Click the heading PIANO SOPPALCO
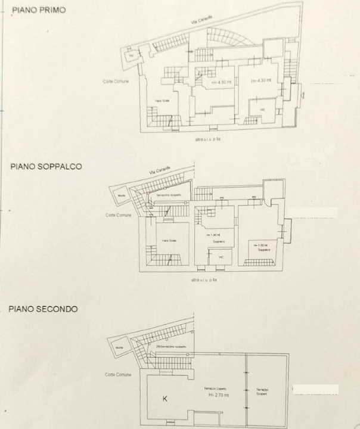point(46,167)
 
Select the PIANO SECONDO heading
point(43,309)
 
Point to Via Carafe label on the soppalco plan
point(160,172)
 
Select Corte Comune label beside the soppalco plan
point(118,215)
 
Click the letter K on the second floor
point(165,399)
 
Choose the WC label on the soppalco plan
point(221,257)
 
